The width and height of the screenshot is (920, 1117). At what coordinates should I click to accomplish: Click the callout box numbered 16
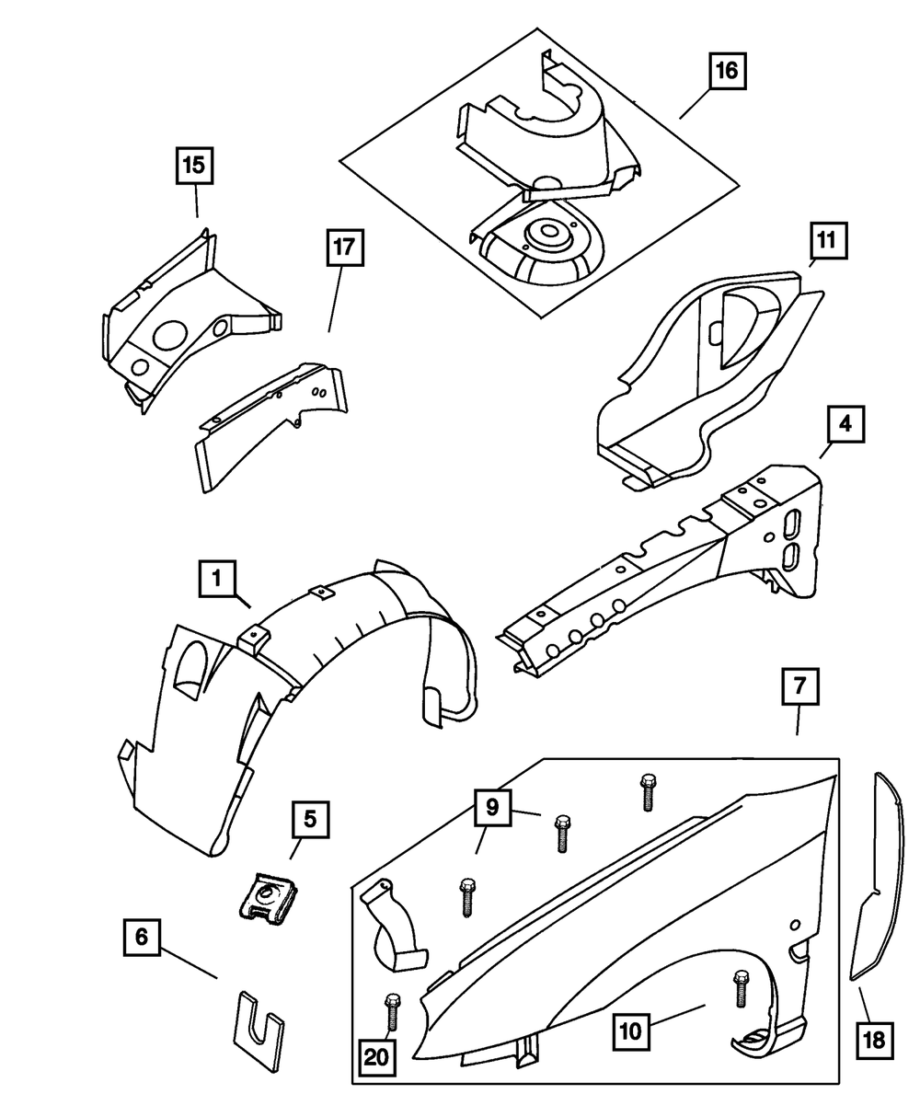click(727, 71)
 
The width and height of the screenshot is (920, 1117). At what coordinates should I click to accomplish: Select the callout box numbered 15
click(194, 167)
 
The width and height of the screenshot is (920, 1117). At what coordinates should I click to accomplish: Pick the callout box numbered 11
click(827, 241)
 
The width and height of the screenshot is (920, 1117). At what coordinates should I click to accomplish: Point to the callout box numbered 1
click(216, 579)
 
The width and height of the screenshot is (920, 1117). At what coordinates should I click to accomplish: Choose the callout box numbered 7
click(799, 686)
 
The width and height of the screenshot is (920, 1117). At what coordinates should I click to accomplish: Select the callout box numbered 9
click(492, 808)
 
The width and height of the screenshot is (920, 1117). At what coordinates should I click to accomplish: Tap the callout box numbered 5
click(310, 818)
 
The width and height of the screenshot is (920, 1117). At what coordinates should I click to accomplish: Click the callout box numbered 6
click(141, 937)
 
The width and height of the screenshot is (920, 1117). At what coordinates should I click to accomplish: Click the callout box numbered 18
click(873, 1041)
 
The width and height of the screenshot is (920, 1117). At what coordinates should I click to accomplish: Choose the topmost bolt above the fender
click(646, 790)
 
